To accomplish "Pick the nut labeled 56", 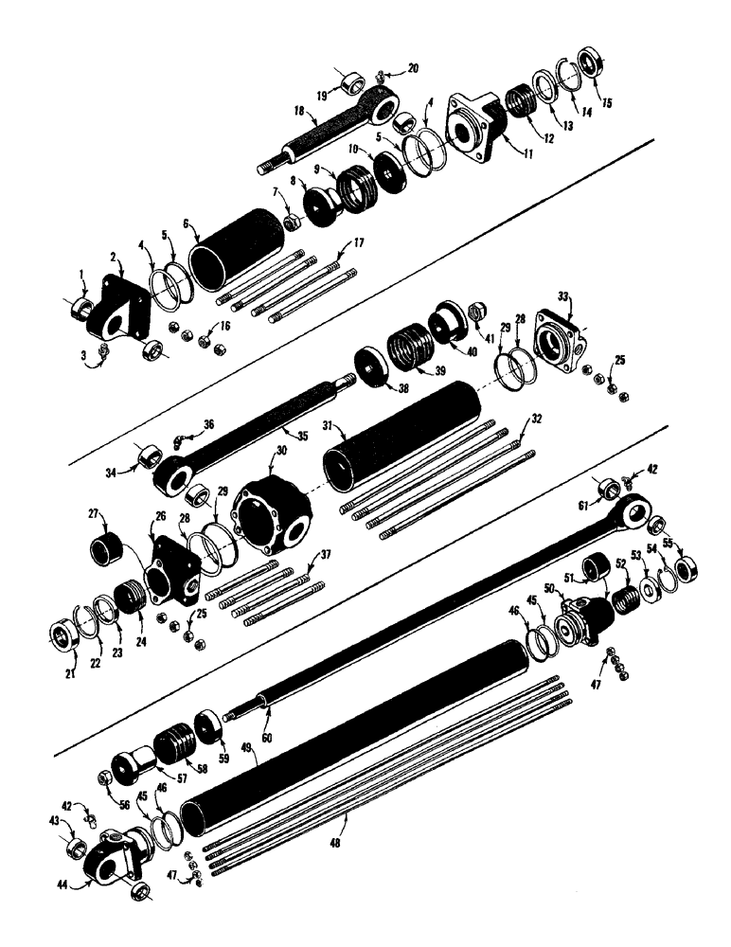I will click(107, 777).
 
